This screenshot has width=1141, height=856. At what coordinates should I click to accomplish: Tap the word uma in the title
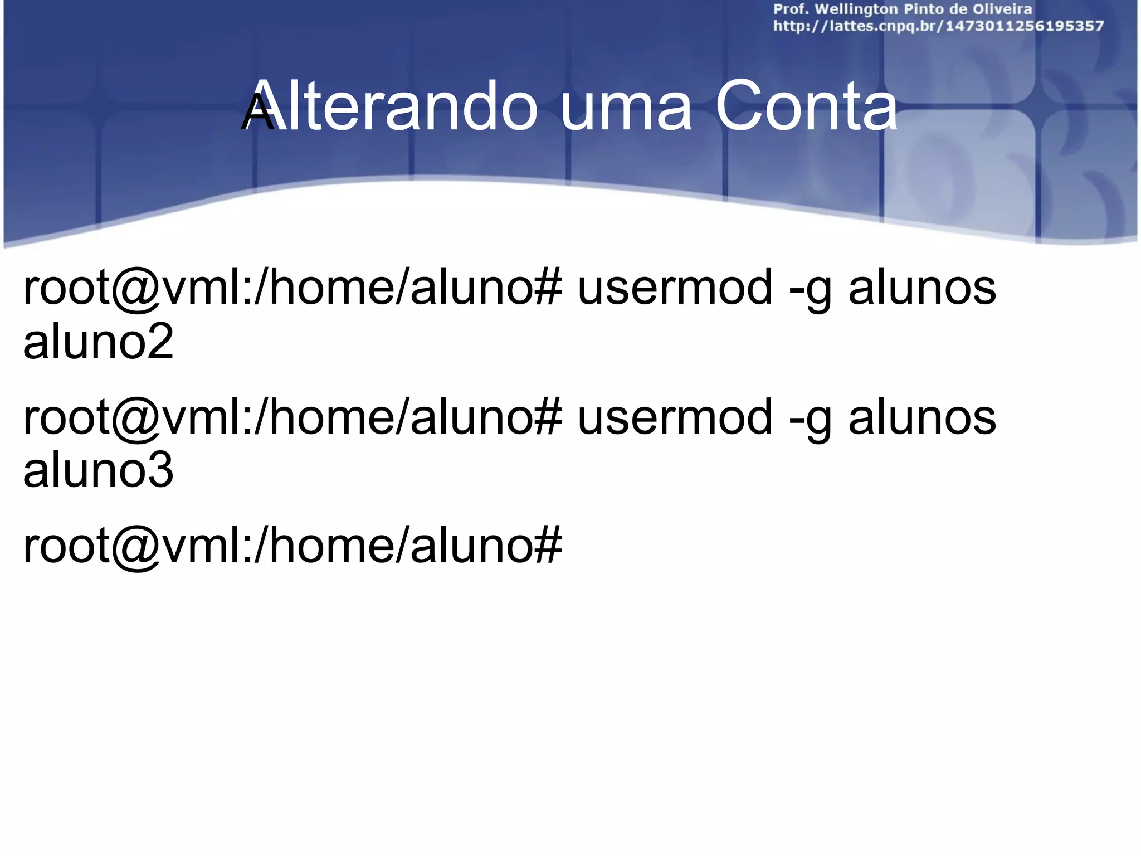tap(626, 109)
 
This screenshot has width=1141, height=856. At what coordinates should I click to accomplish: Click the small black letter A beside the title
tap(257, 114)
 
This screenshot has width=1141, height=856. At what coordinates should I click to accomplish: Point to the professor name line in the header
tap(903, 10)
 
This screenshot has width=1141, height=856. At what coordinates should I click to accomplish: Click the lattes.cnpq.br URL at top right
tap(938, 26)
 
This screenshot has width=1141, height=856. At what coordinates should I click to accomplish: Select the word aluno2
tap(98, 341)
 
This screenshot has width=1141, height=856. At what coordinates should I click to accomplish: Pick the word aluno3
tap(98, 470)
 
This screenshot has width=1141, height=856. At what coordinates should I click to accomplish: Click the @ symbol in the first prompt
tap(134, 290)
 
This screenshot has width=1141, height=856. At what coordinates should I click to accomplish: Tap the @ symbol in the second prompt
tap(134, 419)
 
